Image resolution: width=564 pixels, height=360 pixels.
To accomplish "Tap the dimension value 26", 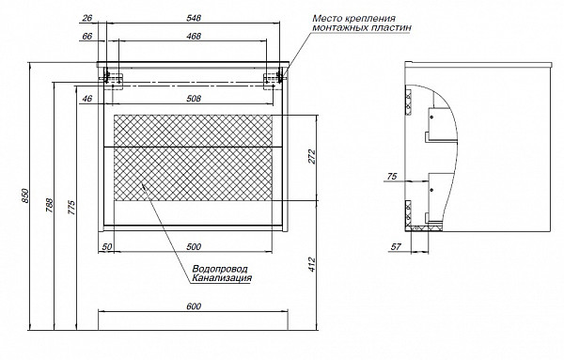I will tap(87, 19).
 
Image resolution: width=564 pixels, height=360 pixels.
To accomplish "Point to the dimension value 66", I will tap(87, 37).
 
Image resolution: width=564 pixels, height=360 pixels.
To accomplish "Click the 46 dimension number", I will tap(87, 98).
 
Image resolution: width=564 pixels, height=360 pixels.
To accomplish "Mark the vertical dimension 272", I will tap(313, 158).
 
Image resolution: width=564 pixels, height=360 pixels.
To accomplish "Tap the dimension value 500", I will tap(193, 246).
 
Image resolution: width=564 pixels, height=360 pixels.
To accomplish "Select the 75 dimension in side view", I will tap(392, 176).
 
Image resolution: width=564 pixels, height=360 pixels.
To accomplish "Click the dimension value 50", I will tap(108, 246).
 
